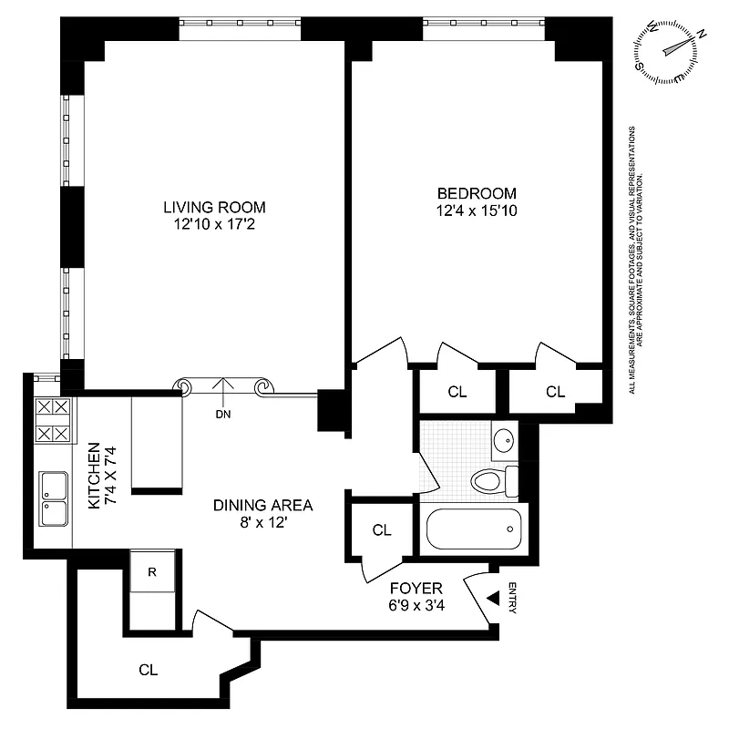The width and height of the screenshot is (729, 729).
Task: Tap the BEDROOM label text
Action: point(477,193)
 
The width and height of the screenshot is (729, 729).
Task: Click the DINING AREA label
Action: point(263,505)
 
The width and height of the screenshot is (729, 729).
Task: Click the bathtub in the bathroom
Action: point(472,529)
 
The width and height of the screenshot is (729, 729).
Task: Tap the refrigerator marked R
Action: point(152,572)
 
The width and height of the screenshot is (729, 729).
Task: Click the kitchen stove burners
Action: point(53,420)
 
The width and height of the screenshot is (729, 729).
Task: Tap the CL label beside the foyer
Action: point(382,529)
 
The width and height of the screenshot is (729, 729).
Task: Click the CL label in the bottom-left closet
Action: point(149,670)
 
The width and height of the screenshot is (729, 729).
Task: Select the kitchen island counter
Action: point(157,444)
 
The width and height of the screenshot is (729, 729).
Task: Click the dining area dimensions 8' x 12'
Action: point(263,523)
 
